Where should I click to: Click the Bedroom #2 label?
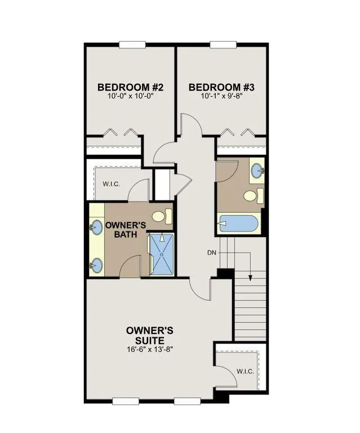pos(130,87)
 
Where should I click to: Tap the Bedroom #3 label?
pos(221,87)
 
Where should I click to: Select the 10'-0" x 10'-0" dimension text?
pos(130,96)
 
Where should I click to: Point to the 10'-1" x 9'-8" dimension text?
pos(221,96)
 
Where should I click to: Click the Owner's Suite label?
pos(149,335)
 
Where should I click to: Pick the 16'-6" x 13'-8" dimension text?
pos(149,349)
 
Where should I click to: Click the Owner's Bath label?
pos(126,230)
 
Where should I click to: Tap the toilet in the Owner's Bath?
pos(162,216)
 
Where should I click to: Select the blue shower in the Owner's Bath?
pos(162,254)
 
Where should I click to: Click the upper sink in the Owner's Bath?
pos(96,227)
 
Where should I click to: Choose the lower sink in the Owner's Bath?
pos(96,265)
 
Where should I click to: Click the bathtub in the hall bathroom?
pos(239,224)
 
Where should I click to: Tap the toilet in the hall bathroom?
pos(253,196)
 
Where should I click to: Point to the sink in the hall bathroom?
pos(257,171)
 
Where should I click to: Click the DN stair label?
pos(212,252)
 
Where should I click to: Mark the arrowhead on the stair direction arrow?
pos(250,278)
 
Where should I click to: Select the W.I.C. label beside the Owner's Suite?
pos(245,372)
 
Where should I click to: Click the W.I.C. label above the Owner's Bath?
pos(112,184)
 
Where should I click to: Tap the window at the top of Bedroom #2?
pos(132,44)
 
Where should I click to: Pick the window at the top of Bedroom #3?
pos(223,44)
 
